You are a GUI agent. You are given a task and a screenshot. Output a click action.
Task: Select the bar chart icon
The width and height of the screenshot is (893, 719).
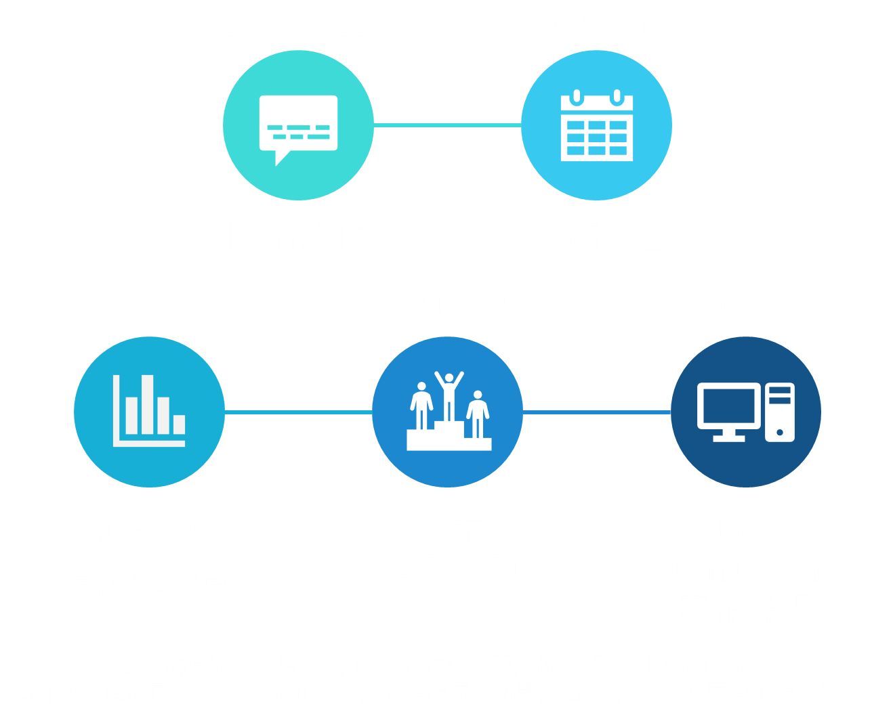149,412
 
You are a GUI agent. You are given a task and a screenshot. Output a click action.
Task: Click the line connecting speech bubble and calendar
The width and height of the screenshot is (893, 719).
447,125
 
